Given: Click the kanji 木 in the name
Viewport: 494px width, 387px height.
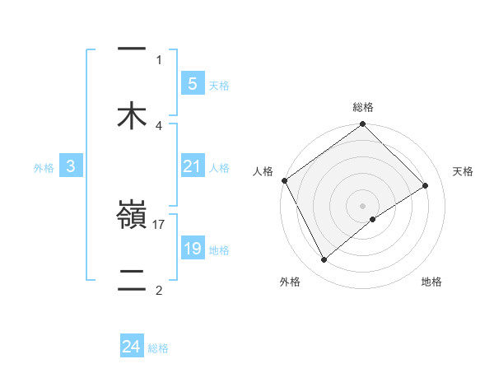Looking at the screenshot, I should coord(132,115).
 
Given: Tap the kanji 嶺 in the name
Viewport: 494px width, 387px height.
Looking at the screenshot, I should coord(132,217).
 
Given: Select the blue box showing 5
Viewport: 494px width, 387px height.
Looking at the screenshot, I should coord(192,83).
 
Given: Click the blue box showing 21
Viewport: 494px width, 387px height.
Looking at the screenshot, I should coord(192,167).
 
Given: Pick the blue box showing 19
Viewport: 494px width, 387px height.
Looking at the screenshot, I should coord(192,249).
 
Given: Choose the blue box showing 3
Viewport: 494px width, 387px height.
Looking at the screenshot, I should coord(71,167).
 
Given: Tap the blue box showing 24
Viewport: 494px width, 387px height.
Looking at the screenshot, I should coord(132,347).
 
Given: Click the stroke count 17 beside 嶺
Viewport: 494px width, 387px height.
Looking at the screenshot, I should coord(159,223).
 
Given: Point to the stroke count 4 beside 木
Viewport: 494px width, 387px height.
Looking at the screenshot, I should coord(159,125).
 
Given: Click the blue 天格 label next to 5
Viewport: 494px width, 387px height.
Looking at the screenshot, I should coord(219,85).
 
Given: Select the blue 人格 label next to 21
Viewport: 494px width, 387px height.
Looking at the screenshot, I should coord(219,168).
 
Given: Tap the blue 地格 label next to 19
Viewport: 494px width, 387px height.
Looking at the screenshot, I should coord(219,249).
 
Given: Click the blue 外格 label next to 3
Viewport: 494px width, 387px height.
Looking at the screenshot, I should coord(44,168).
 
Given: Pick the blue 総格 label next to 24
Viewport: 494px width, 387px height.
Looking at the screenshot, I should coord(158,348).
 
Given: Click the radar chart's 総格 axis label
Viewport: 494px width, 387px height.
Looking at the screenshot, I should coord(363,107).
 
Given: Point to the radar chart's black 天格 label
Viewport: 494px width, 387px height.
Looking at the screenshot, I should coord(464,171).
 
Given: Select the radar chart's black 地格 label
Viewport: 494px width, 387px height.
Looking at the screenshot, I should coord(431,282).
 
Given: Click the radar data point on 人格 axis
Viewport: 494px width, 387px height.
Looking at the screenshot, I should coord(284,180).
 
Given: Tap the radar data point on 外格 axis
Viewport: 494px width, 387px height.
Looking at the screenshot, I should coord(324,260).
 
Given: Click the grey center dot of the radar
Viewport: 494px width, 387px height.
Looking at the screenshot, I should coord(363,205).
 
